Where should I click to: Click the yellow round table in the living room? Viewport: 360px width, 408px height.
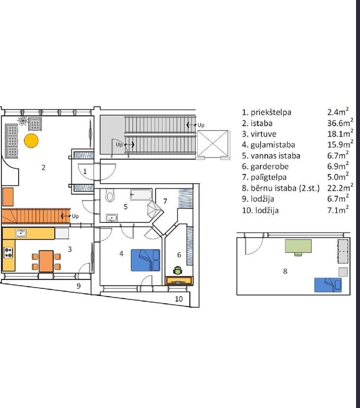pos(31,141)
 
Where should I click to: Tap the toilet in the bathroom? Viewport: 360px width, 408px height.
pos(110,196)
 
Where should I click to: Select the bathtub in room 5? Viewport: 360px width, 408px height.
pos(141,195)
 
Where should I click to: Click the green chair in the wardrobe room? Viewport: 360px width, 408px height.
pos(178,271)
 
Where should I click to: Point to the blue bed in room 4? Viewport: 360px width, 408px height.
pos(145,260)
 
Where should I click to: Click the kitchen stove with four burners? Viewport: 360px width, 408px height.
pos(8,252)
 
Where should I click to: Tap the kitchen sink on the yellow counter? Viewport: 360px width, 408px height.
pos(21,233)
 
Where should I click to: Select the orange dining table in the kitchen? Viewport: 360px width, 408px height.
pos(46,261)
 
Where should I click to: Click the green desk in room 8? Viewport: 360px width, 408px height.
pos(298,246)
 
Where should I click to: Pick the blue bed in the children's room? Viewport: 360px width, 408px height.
pos(328,285)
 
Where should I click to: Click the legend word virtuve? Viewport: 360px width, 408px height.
pos(263,134)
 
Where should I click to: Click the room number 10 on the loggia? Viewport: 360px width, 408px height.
pos(179,299)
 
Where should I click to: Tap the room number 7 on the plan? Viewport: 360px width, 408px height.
pos(165,201)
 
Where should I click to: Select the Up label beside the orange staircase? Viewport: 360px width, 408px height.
pos(75,216)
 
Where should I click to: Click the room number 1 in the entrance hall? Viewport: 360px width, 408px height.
pos(85,171)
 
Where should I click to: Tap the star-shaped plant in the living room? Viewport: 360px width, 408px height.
pos(23,120)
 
